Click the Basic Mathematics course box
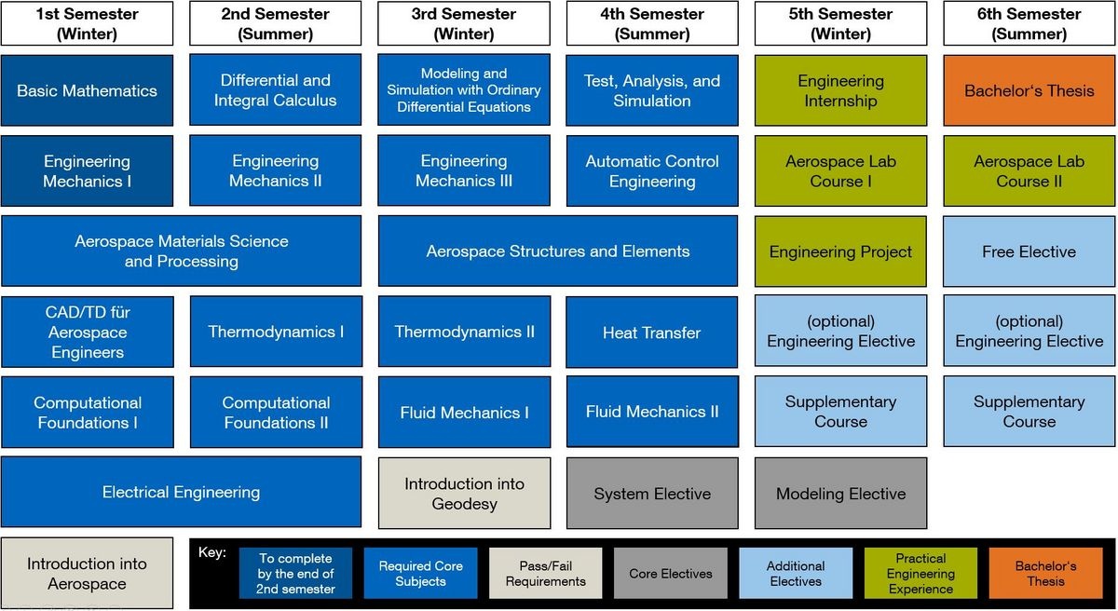(x=87, y=90)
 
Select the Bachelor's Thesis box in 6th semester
(x=1029, y=90)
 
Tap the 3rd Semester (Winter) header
(x=464, y=24)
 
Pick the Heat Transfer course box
(x=651, y=333)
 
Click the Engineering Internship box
(x=840, y=90)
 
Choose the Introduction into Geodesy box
(x=464, y=494)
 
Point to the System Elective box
(x=651, y=494)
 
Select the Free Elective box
(x=1029, y=251)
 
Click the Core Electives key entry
(x=671, y=573)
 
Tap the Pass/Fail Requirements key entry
(x=546, y=573)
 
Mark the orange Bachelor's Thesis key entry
(x=1045, y=573)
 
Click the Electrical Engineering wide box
(x=181, y=492)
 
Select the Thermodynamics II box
(x=464, y=333)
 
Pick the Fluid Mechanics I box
(x=464, y=413)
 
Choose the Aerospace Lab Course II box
(x=1029, y=171)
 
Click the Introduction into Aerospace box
(x=87, y=573)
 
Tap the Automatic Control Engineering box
(x=651, y=171)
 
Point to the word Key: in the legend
(x=212, y=552)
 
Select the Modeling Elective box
(x=840, y=494)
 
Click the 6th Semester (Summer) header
(x=1029, y=24)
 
